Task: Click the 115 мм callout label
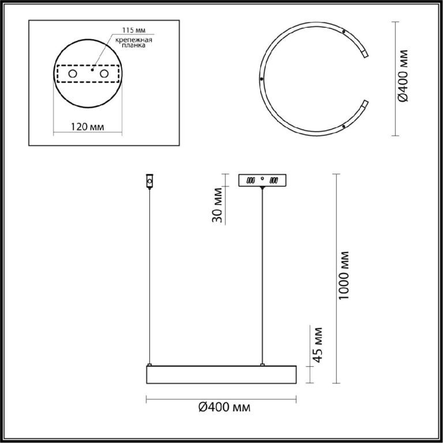click(x=134, y=30)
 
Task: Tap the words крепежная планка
click(x=134, y=42)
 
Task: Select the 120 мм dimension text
click(x=87, y=126)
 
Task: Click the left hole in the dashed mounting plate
click(x=73, y=74)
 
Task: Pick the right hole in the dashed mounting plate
click(x=104, y=74)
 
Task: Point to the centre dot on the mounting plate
click(x=92, y=69)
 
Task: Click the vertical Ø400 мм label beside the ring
click(x=403, y=76)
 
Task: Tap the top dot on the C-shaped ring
click(x=344, y=32)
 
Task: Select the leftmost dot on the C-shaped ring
click(x=262, y=79)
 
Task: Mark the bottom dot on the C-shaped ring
click(x=344, y=126)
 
